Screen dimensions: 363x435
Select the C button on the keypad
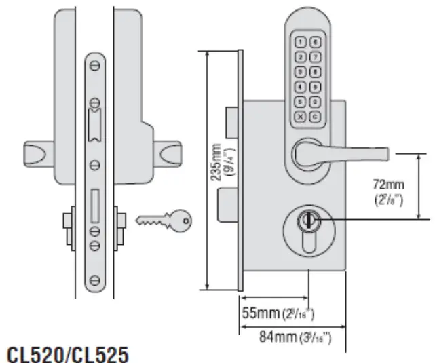(x=315, y=117)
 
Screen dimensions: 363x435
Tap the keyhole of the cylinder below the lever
(x=307, y=221)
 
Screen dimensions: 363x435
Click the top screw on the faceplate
(x=96, y=66)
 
